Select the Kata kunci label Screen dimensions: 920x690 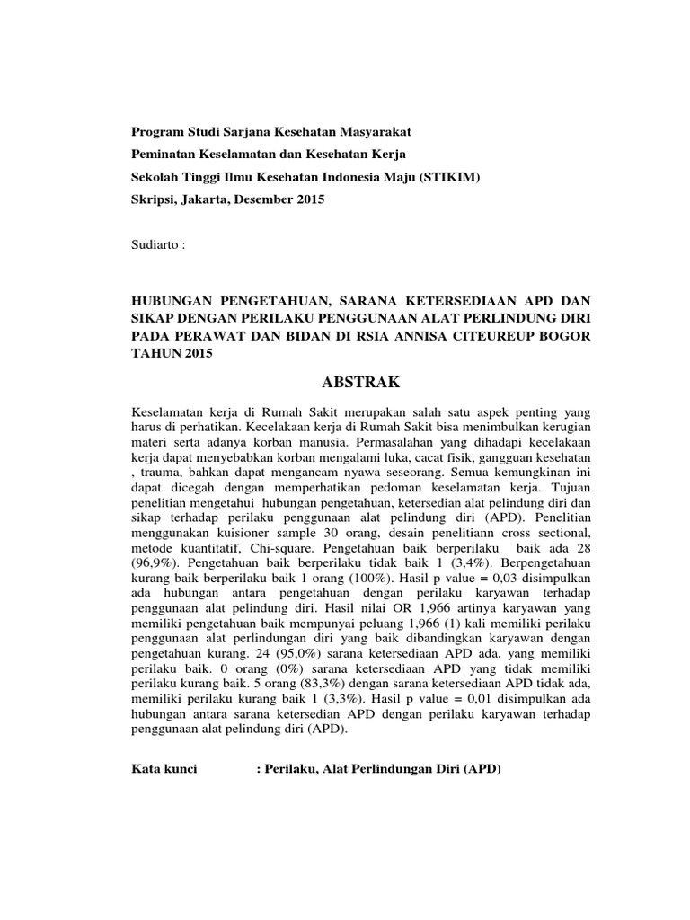pos(164,771)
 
